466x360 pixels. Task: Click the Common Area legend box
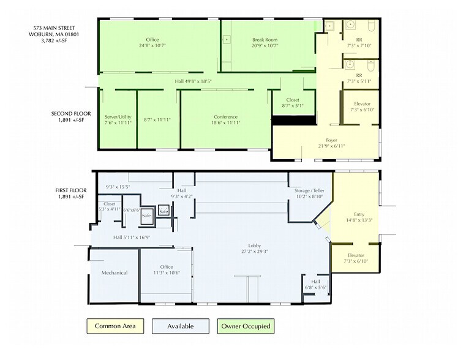coord(115,326)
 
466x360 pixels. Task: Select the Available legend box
coord(181,326)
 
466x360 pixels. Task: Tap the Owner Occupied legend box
coord(246,326)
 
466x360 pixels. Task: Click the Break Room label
coord(265,40)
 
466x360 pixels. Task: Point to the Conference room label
coord(225,117)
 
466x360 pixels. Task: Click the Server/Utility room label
coord(118,117)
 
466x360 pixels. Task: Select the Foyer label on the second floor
coord(331,140)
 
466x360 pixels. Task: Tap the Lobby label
coord(255,246)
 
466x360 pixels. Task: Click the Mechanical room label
coord(115,272)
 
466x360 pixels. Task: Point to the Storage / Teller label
coord(309,190)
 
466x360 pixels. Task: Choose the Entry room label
coord(359,214)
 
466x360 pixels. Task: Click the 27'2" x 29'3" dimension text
coord(255,252)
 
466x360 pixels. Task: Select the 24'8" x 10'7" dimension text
coord(152,45)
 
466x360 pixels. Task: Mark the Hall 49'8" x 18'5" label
coord(193,81)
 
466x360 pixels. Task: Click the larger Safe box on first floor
coord(146,216)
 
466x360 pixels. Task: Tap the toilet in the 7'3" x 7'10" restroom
coord(372,26)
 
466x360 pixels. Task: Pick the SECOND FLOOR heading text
coord(71,113)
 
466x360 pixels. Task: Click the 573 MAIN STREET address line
coord(54,28)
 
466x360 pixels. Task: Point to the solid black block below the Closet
coord(294,120)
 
